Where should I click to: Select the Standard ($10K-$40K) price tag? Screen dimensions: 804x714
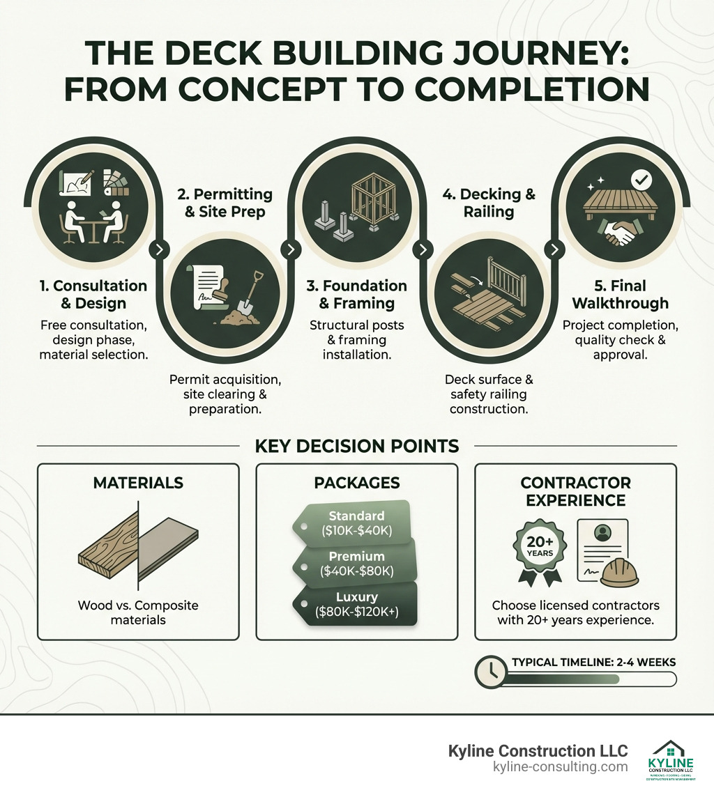pos(356,523)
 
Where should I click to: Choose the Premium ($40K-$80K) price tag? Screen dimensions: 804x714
pos(357,563)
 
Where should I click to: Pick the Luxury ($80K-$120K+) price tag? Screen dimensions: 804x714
pos(357,604)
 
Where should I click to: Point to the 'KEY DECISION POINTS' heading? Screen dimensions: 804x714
pos(356,446)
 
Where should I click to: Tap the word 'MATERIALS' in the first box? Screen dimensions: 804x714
pos(137,483)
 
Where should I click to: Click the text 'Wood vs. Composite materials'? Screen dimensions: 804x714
pos(137,612)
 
